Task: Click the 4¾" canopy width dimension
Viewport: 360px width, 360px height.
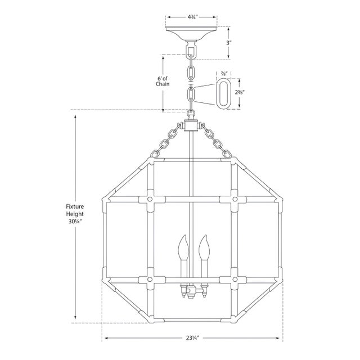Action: pos(193,17)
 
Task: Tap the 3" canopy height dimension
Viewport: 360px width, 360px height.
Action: pos(228,43)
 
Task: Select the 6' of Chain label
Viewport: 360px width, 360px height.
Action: pos(163,81)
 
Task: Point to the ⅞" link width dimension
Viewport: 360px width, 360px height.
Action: pos(224,74)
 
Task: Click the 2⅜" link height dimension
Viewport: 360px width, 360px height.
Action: pos(239,92)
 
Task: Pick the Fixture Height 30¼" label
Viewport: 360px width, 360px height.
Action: pos(75,214)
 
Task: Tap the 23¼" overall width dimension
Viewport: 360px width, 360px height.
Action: pos(192,338)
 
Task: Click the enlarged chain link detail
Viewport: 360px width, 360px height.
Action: pos(222,93)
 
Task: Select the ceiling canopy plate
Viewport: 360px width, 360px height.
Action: pos(191,33)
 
